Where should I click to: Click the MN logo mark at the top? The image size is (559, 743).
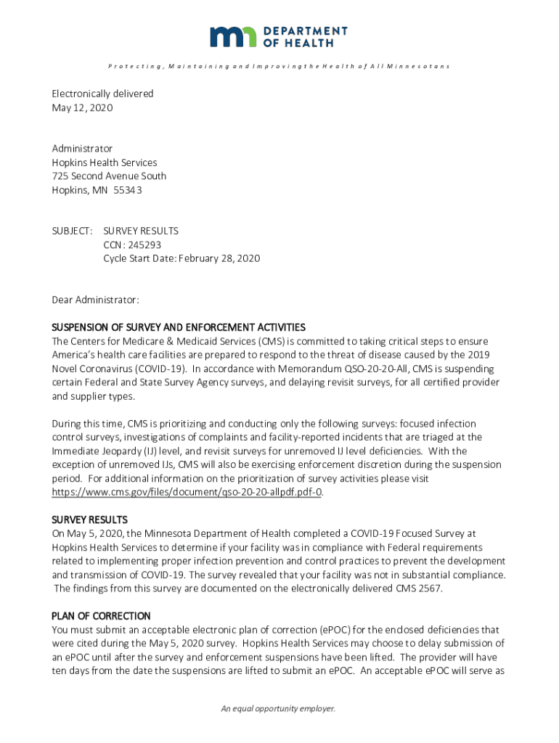coord(233,36)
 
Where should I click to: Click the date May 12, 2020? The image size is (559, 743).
coord(82,107)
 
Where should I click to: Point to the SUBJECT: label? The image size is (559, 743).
coord(72,231)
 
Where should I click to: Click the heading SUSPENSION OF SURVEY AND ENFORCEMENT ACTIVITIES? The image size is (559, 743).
coord(178,327)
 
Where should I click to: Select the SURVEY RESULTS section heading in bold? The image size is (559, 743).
coord(89,520)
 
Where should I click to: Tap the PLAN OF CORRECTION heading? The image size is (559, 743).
coord(101,615)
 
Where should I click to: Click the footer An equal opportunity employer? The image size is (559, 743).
coord(279,709)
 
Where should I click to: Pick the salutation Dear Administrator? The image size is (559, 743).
coord(95,299)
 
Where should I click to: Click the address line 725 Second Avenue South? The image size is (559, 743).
coord(109,176)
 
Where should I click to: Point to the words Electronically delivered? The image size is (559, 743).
coord(102,94)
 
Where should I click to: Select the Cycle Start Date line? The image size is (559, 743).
coord(181,258)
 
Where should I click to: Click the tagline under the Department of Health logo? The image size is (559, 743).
coord(279,67)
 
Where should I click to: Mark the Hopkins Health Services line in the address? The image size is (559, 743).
coord(104,163)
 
